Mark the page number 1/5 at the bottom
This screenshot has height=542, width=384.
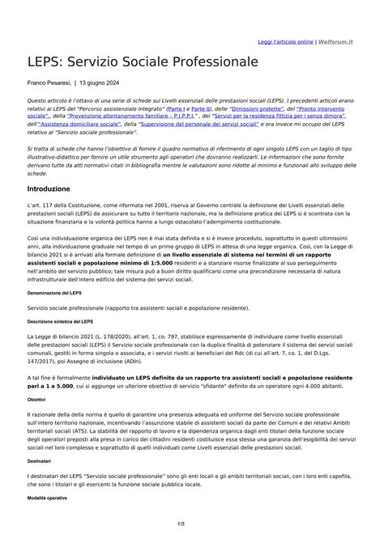click(192, 524)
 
